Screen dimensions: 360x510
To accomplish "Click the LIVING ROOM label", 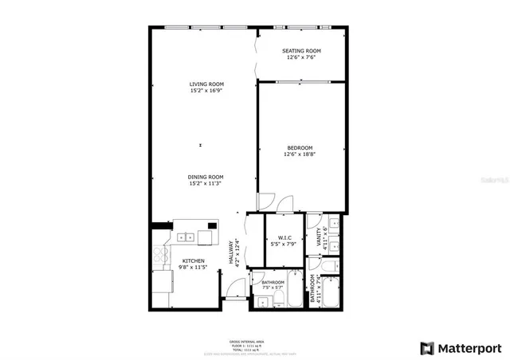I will (x=206, y=84).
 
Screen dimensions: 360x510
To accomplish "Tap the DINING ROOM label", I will (x=206, y=177).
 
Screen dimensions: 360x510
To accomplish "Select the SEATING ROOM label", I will (x=304, y=50).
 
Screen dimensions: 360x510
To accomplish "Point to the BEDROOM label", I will (x=300, y=147).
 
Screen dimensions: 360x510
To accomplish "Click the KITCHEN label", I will (x=193, y=261).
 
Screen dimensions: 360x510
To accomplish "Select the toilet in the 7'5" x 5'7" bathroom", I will (x=280, y=300).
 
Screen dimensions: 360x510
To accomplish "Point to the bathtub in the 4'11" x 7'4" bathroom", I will (x=331, y=292).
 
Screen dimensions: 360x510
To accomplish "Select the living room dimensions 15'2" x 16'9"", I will (x=206, y=90).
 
